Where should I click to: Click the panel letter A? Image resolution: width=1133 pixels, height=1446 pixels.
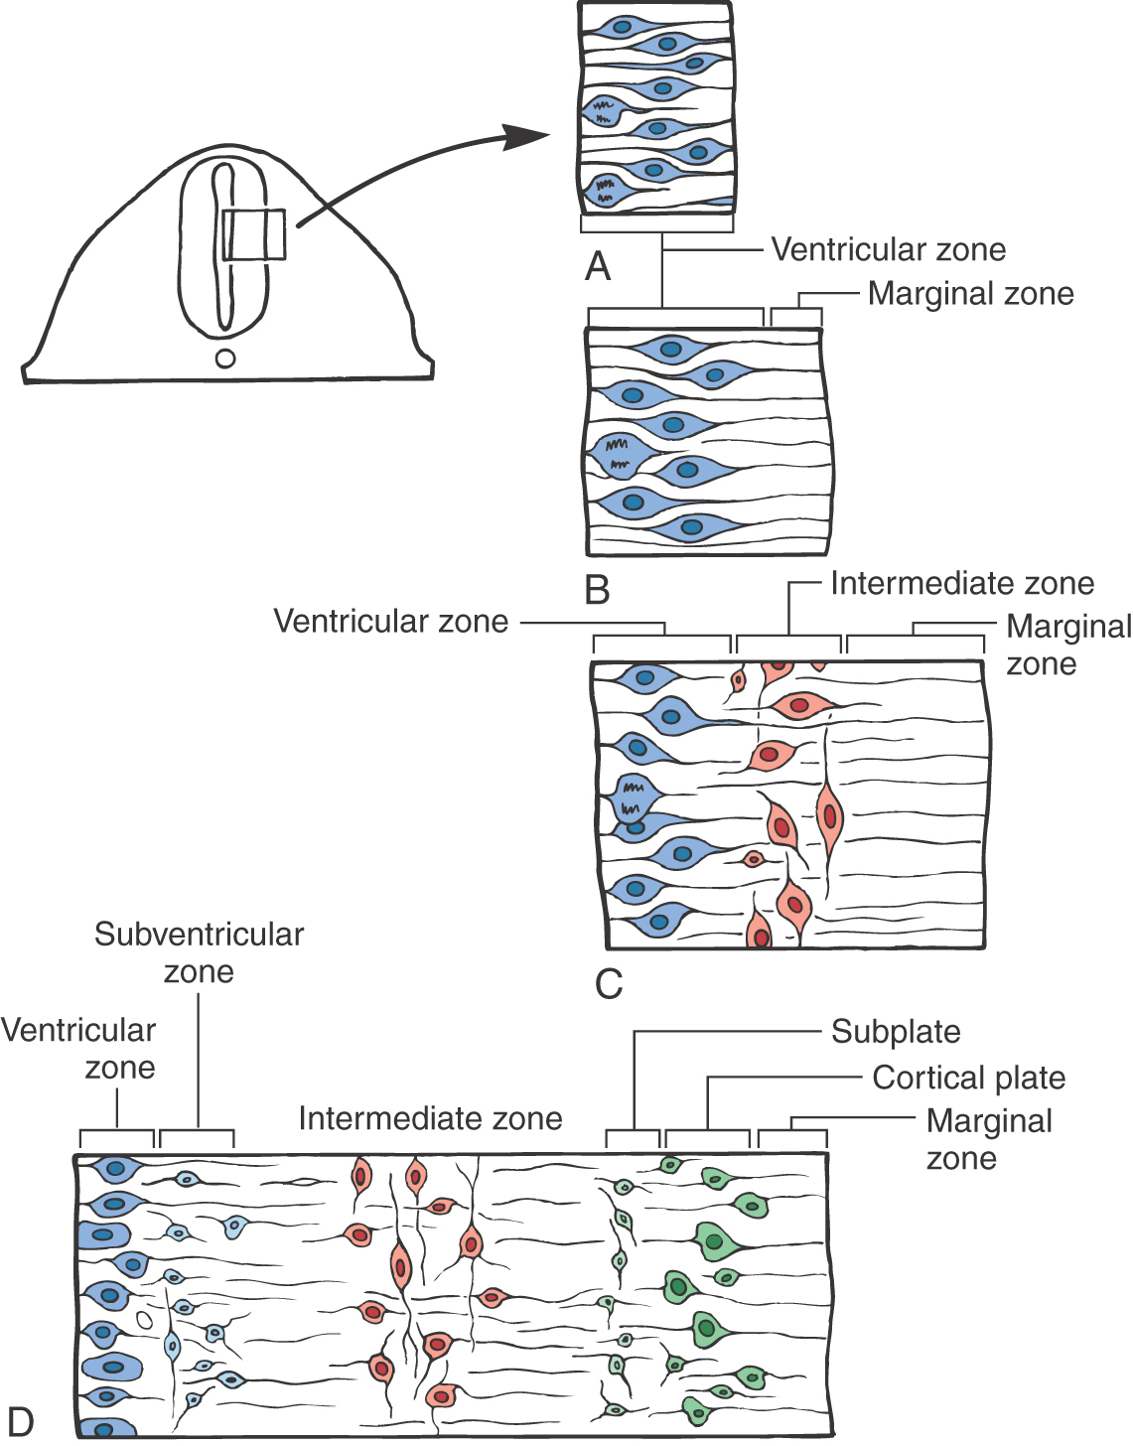pyautogui.click(x=598, y=266)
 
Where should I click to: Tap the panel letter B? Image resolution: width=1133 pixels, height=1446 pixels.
pyautogui.click(x=598, y=589)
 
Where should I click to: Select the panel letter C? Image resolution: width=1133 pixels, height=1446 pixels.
pyautogui.click(x=609, y=983)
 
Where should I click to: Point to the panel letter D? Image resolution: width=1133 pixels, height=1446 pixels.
pyautogui.click(x=20, y=1421)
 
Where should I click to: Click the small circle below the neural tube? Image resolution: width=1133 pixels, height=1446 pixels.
pyautogui.click(x=225, y=359)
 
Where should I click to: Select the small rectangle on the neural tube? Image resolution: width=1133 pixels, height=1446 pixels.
pyautogui.click(x=254, y=234)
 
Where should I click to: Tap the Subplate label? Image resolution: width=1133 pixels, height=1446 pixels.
pyautogui.click(x=896, y=1032)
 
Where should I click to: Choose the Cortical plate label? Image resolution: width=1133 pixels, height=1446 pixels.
pyautogui.click(x=969, y=1078)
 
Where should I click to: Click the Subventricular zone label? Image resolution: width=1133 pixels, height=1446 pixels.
pyautogui.click(x=199, y=952)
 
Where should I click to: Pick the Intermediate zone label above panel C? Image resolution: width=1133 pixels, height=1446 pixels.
pyautogui.click(x=962, y=583)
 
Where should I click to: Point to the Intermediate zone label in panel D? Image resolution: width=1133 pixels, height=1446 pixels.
pyautogui.click(x=430, y=1118)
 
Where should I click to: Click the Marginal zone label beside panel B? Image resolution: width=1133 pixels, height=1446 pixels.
pyautogui.click(x=970, y=293)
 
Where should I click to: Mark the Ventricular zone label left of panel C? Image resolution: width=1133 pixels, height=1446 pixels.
pyautogui.click(x=390, y=621)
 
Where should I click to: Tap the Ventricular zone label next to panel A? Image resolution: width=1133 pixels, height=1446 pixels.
pyautogui.click(x=888, y=249)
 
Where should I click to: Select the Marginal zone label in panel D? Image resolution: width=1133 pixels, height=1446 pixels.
pyautogui.click(x=988, y=1139)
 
